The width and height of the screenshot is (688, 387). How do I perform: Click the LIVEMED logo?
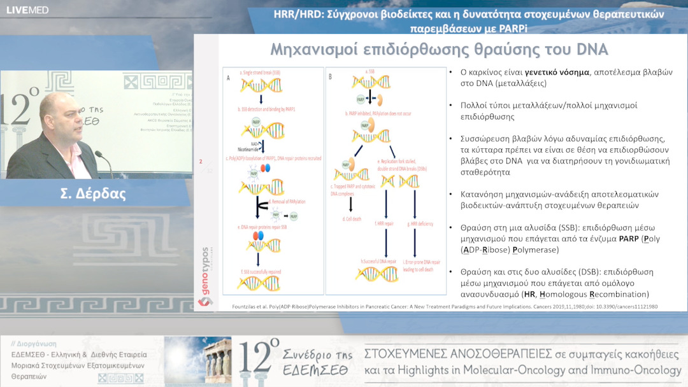pyautogui.click(x=27, y=10)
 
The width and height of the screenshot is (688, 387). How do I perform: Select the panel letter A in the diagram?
pyautogui.click(x=228, y=76)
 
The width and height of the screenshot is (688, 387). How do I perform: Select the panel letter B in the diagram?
pyautogui.click(x=330, y=76)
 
